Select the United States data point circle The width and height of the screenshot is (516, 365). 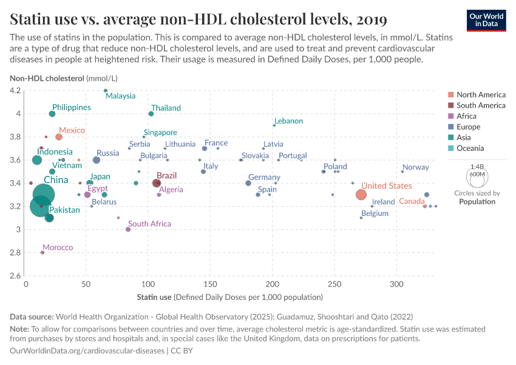click(361, 195)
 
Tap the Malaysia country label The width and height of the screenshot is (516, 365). click(120, 96)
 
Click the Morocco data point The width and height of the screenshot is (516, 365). click(42, 252)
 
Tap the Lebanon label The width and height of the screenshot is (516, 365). click(288, 121)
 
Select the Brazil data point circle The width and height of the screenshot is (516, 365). click(157, 183)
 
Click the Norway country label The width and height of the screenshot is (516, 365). click(415, 167)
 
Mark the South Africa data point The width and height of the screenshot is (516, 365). click(128, 229)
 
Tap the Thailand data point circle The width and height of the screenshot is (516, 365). click(151, 114)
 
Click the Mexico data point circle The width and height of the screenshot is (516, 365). click(59, 137)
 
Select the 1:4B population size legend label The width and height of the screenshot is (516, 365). click(477, 167)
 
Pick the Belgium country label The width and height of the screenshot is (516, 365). click(375, 214)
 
